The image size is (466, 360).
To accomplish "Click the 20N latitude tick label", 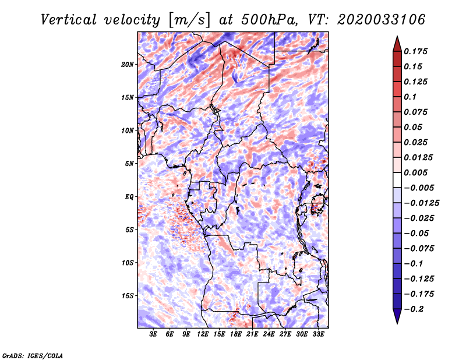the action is tap(128, 65).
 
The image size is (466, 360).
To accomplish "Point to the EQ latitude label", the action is tap(129, 197).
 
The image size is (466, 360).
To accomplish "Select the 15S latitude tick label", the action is tap(128, 296).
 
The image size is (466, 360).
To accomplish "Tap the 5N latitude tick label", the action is tap(129, 164).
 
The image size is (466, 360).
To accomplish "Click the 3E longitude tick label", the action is tap(153, 334).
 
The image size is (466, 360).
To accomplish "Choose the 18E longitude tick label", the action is tap(236, 334).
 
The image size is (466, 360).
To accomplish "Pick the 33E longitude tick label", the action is tap(318, 334).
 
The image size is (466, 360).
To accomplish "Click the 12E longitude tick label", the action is tap(203, 334).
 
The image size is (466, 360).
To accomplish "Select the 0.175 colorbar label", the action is tap(415, 51).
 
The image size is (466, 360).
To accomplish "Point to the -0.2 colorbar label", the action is tap(414, 309).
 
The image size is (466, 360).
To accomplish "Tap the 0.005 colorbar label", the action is tap(415, 172).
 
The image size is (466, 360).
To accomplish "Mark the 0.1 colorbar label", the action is tap(410, 97).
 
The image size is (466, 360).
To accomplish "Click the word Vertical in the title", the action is tap(69, 20).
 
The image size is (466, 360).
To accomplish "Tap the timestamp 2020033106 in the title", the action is tap(382, 20).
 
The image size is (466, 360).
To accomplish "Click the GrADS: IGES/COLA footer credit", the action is tap(33, 356).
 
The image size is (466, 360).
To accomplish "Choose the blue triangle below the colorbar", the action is tap(397, 315).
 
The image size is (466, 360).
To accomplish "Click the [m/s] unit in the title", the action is tap(189, 20).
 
